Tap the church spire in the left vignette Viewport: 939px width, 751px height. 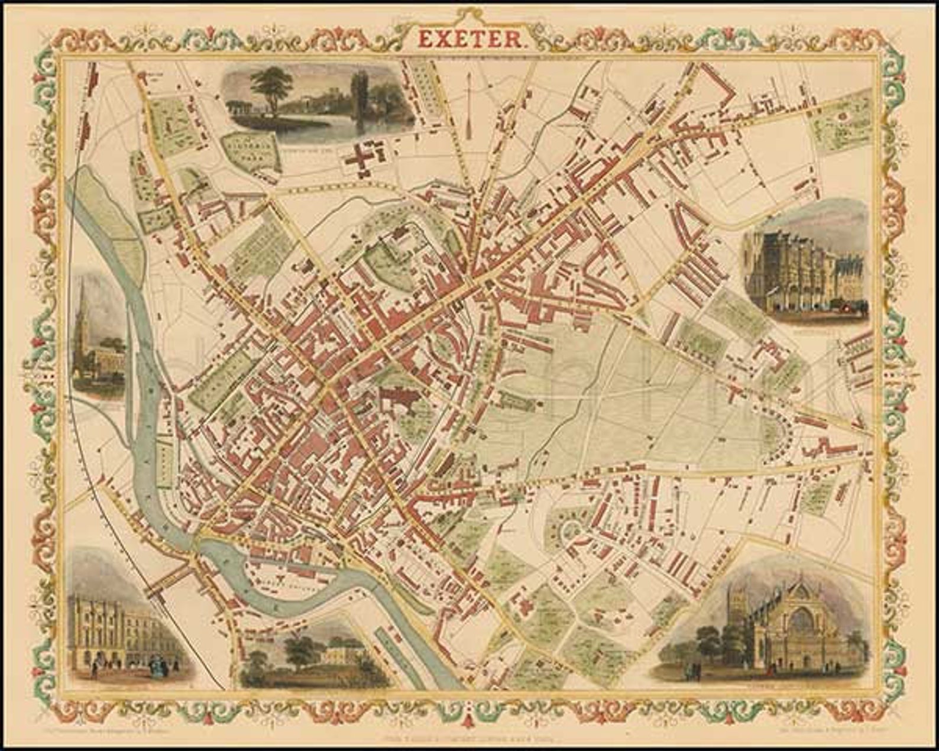coord(83,307)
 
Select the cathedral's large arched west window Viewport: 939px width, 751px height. coord(801,621)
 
